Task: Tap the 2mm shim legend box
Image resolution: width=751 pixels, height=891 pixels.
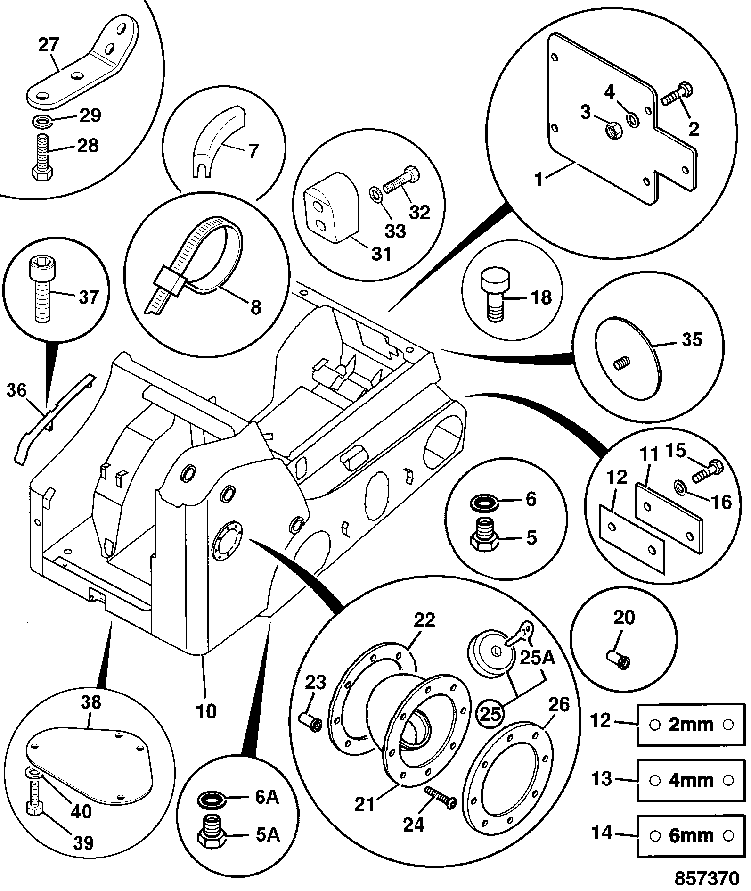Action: [691, 725]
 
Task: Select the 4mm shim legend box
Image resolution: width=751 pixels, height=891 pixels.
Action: [691, 781]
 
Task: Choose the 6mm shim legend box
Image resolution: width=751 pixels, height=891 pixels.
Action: [691, 836]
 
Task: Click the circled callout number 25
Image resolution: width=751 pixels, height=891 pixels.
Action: [490, 715]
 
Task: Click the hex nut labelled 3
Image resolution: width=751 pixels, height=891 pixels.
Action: [612, 130]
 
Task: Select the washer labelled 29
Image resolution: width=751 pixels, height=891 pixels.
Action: [42, 121]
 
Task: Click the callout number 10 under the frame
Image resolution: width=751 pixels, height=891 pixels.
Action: [206, 710]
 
